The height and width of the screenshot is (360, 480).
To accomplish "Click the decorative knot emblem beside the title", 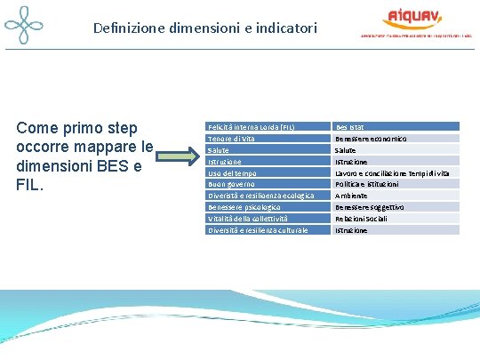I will click(24, 27).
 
